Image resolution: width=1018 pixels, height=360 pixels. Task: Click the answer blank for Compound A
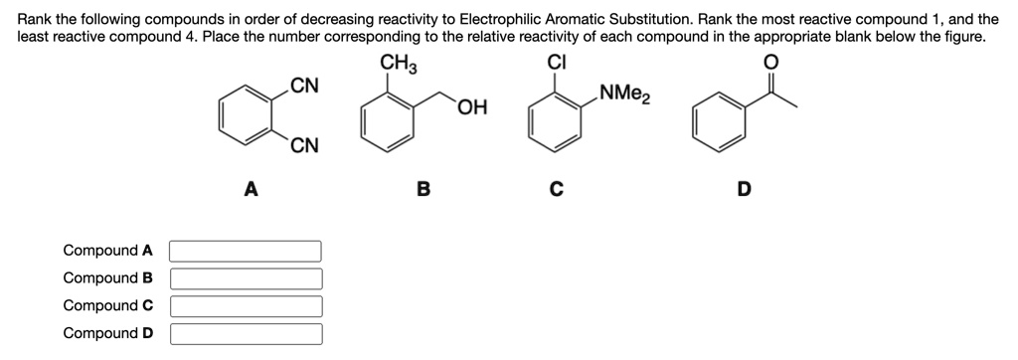pyautogui.click(x=246, y=251)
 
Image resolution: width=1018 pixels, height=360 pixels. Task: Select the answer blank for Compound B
pyautogui.click(x=246, y=278)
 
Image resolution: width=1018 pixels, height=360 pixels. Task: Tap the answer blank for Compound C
pyautogui.click(x=246, y=306)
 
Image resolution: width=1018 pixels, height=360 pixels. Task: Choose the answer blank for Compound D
pyautogui.click(x=246, y=333)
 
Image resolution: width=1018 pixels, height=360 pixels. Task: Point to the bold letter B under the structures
pyautogui.click(x=423, y=188)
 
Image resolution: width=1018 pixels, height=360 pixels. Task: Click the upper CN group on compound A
pyautogui.click(x=304, y=86)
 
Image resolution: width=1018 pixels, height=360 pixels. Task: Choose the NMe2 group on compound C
pyautogui.click(x=625, y=96)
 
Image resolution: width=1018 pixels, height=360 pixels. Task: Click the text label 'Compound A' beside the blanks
pyautogui.click(x=107, y=251)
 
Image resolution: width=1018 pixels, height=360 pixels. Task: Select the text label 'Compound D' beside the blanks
pyautogui.click(x=107, y=333)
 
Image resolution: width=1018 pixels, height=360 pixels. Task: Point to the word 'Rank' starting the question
pyautogui.click(x=37, y=19)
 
